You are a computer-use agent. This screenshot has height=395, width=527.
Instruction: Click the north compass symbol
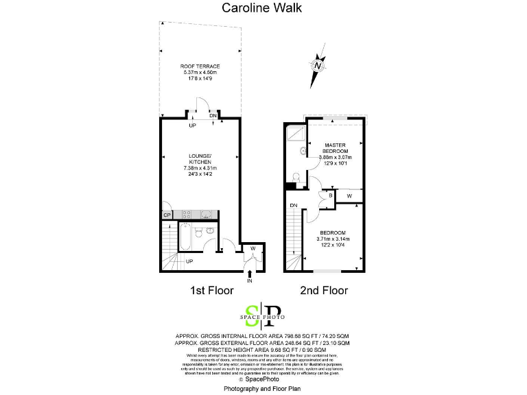pos(317,66)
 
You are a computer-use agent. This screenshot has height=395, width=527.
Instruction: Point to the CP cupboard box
pos(166,215)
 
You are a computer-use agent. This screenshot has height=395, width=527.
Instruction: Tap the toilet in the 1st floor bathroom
pos(198,232)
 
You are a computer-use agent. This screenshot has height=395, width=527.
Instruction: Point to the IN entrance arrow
pos(250,276)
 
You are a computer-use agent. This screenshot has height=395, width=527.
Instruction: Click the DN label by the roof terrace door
pos(213,116)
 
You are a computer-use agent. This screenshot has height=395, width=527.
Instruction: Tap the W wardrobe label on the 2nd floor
pos(349,196)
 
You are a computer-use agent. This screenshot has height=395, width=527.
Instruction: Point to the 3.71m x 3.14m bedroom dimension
pos(333,239)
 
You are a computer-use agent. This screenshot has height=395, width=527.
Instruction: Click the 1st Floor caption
pos(209,291)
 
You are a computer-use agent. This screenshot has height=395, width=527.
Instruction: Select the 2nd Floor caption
pos(325,291)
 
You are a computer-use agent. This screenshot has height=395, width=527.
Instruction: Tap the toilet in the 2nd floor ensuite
pos(294,178)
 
